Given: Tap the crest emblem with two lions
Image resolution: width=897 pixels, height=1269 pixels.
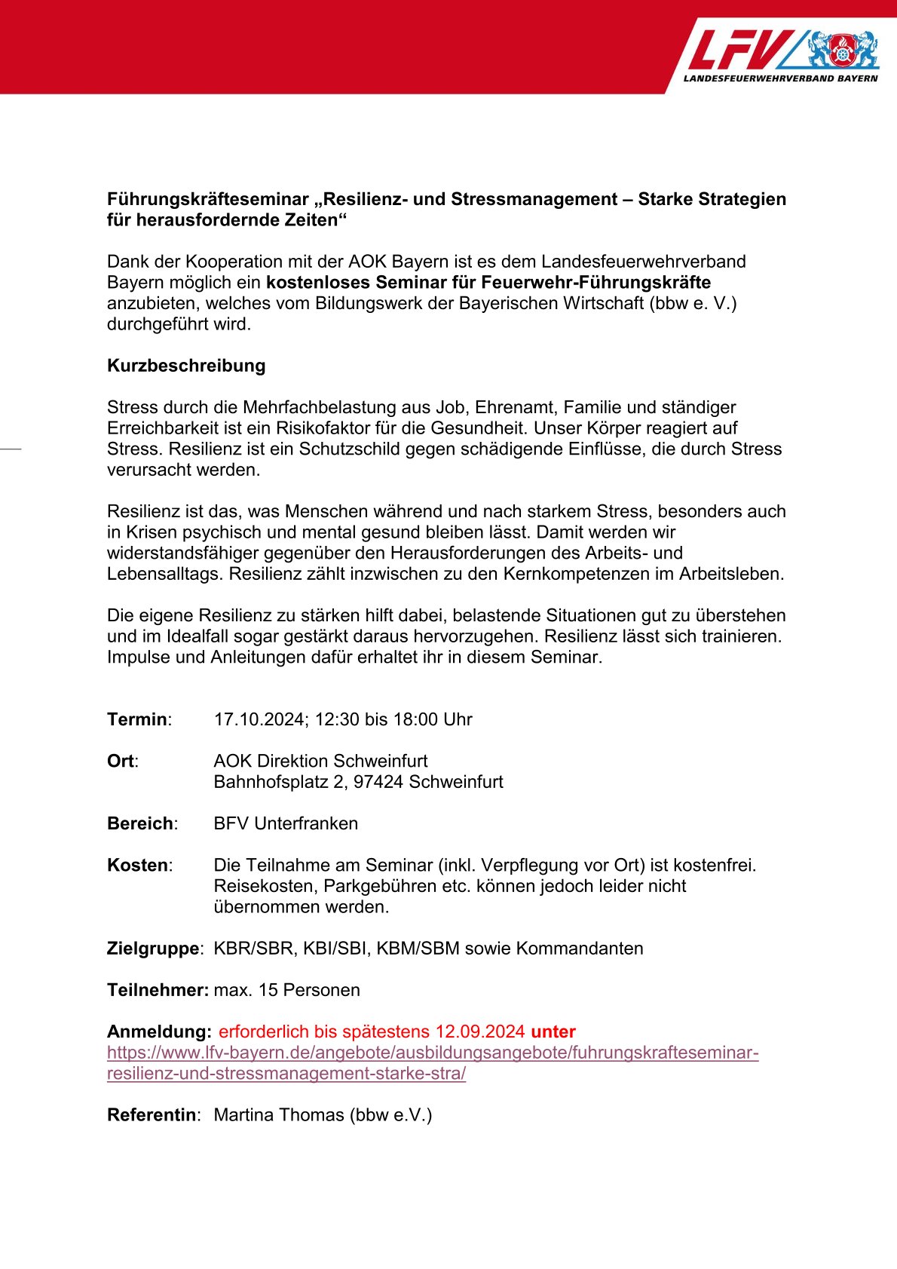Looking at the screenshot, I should point(843,51).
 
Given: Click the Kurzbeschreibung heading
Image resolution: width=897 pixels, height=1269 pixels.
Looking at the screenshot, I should point(186,366).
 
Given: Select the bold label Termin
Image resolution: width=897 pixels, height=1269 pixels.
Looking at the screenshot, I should point(137,719).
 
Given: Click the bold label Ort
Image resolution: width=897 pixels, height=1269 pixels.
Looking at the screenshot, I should point(121,761).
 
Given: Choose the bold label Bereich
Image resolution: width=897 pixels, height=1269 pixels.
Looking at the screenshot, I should point(140,823).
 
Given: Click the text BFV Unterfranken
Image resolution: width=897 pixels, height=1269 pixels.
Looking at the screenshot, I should point(286,823).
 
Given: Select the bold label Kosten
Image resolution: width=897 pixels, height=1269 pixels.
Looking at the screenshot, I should point(138,865).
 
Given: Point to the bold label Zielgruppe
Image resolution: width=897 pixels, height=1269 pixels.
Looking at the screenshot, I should point(153,949).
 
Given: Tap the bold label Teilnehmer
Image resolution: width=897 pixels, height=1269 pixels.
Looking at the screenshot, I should point(158,990).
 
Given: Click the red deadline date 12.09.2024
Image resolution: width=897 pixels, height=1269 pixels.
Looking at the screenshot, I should point(479,1031).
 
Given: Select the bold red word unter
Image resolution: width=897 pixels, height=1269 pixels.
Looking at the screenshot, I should point(553,1031).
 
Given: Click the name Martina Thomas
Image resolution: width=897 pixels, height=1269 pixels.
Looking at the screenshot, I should point(279,1115).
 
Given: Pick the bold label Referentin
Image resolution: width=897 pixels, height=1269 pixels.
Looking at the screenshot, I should point(152,1115).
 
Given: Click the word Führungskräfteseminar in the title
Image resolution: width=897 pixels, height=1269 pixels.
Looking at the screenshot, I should point(208,199).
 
